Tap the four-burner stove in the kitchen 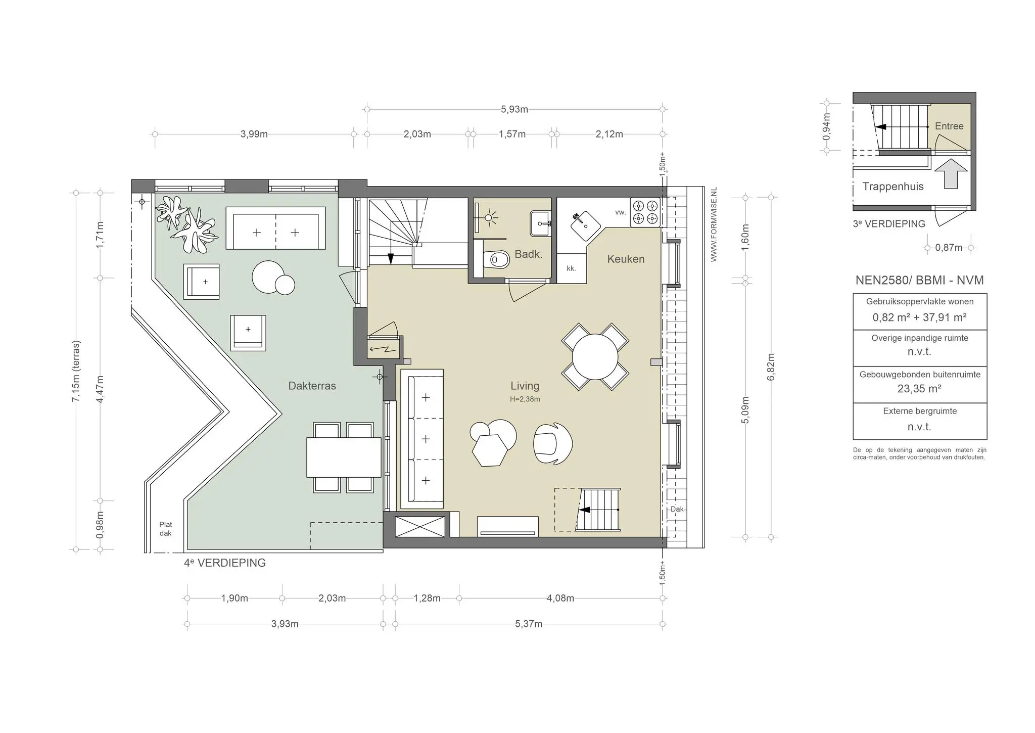[x=645, y=212]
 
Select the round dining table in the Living [x=595, y=356]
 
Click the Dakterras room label [x=312, y=386]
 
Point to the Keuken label [x=626, y=259]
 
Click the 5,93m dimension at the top [x=514, y=109]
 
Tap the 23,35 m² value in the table [x=919, y=389]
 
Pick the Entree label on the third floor [x=949, y=126]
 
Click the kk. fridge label [x=571, y=268]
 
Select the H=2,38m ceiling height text [x=525, y=399]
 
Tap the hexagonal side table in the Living [x=490, y=450]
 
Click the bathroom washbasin [x=541, y=223]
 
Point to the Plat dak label [x=166, y=529]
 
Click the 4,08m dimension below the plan [x=560, y=599]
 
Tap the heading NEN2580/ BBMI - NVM [x=919, y=281]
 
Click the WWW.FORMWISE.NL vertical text [x=714, y=224]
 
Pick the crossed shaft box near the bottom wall [x=420, y=526]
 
